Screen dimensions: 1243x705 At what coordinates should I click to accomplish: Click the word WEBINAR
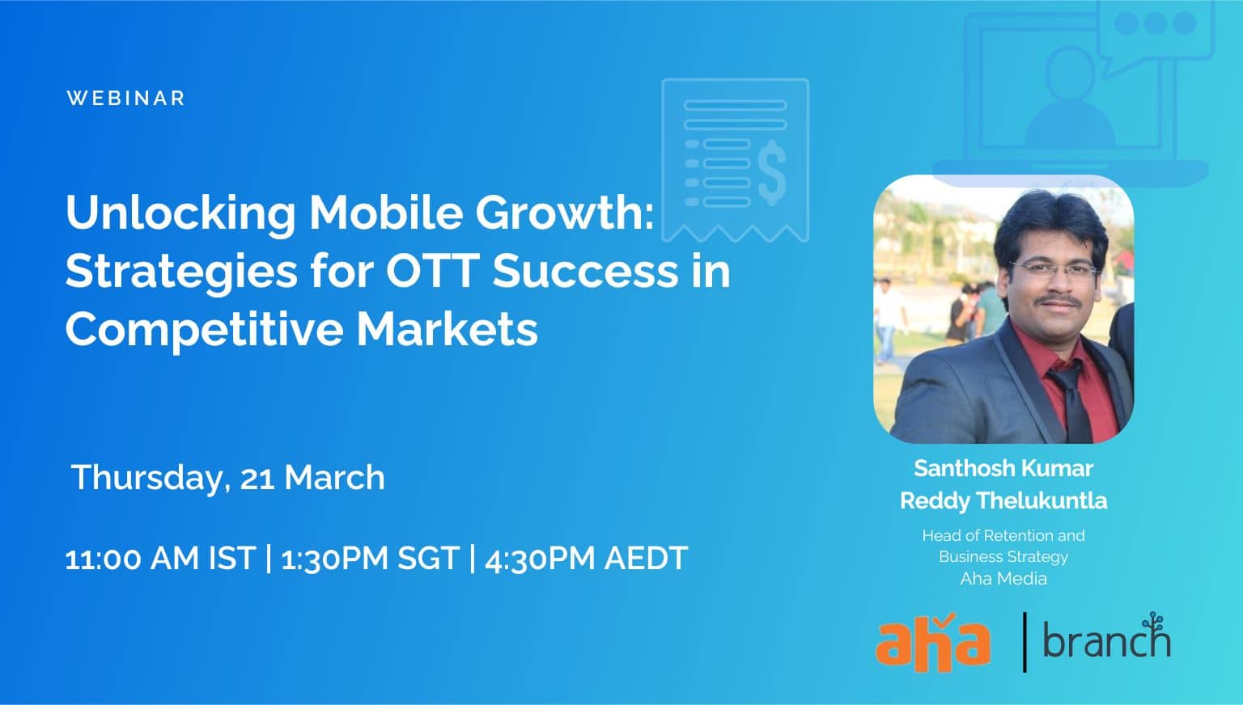(x=125, y=98)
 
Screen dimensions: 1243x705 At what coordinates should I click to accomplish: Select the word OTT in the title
(x=432, y=271)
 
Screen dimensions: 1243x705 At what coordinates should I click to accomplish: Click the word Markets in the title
(x=447, y=329)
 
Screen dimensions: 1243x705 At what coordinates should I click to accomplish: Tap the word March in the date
(x=334, y=477)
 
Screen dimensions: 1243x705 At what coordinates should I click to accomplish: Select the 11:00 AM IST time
(x=160, y=558)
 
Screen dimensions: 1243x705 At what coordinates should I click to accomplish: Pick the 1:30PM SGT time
(x=371, y=558)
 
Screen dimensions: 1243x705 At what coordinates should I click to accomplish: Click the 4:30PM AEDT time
(x=587, y=558)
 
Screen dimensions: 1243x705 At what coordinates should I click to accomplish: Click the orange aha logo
(x=933, y=642)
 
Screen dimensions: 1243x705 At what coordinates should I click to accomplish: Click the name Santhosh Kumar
(x=1003, y=468)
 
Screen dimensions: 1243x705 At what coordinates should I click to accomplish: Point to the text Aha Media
(x=1003, y=579)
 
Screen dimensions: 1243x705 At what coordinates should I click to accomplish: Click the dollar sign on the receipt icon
(x=772, y=172)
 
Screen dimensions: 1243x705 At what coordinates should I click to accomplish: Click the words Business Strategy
(x=1003, y=557)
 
